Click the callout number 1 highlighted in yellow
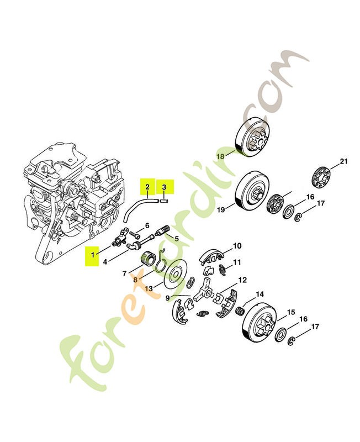pos(93,255)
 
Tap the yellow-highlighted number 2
pos(147,187)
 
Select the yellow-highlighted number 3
pos(164,187)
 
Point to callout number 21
pos(343,161)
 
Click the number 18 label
pos(220,156)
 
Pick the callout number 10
pos(237,246)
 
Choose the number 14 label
pos(260,294)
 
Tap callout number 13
pos(149,288)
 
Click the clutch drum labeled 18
pos(252,138)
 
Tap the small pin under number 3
pos(164,201)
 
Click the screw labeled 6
pos(135,234)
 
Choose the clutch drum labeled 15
pos(260,323)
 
